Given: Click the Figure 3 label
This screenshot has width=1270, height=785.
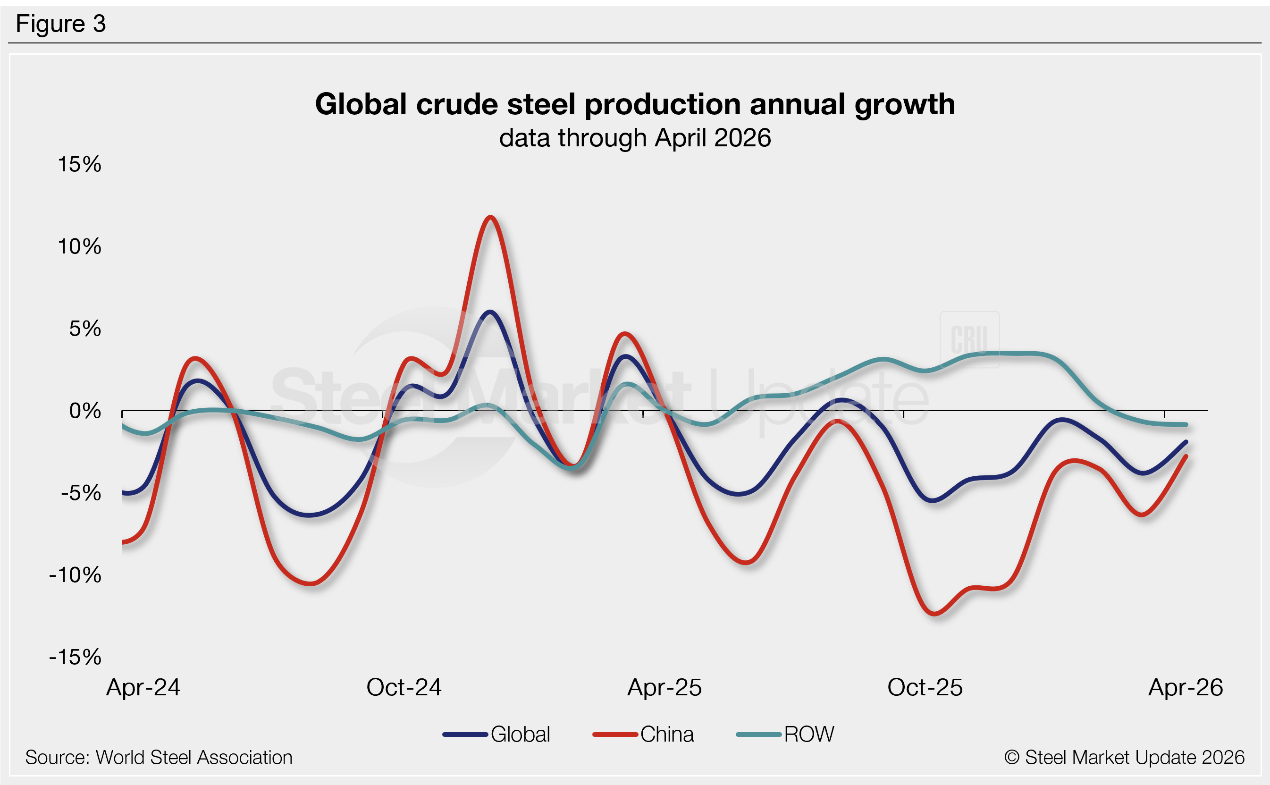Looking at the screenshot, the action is (61, 24).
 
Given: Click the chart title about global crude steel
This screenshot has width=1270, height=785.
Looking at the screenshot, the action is (635, 104).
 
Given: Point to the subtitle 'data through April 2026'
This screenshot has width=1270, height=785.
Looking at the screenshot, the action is (635, 138).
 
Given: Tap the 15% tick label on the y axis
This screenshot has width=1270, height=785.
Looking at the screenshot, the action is (79, 165).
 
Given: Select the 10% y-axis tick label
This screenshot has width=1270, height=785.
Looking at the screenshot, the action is (79, 246).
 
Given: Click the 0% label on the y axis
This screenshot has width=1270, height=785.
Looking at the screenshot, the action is (85, 411).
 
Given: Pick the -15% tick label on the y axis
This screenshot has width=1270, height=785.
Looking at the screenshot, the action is (75, 657).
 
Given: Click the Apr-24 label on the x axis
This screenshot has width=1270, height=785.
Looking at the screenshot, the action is (143, 688).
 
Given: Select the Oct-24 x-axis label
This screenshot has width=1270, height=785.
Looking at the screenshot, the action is (404, 688).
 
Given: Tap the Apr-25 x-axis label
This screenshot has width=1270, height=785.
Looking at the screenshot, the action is (664, 688).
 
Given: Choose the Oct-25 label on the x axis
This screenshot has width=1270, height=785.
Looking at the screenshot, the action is (925, 688).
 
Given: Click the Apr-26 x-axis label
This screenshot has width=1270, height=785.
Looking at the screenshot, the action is (1186, 688).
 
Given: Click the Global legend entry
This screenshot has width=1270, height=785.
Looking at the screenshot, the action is (496, 734).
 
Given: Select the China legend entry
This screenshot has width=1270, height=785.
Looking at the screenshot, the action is (643, 734).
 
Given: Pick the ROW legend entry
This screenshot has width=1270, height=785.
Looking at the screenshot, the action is (785, 734).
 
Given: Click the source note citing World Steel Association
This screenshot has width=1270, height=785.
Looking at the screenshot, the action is (159, 758).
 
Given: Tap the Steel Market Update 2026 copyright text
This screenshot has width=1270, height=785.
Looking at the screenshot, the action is (1124, 758).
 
